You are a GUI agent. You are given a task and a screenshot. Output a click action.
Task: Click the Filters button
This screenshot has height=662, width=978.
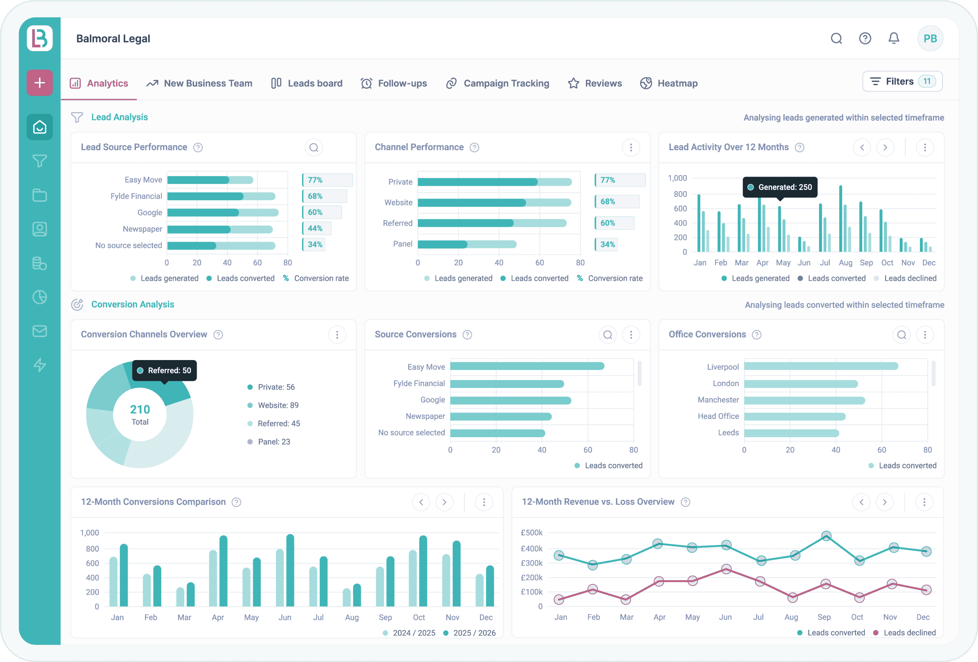tap(902, 81)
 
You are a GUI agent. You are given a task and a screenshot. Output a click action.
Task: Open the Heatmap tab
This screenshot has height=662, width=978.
tap(669, 83)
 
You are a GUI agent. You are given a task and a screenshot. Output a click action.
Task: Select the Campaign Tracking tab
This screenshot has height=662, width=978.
tap(498, 83)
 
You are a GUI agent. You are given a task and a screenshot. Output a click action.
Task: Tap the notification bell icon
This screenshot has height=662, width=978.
tap(894, 38)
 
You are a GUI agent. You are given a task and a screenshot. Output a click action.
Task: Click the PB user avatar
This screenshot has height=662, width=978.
tap(929, 38)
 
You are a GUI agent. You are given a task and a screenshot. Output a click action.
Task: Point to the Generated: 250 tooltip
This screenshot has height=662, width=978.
tap(780, 187)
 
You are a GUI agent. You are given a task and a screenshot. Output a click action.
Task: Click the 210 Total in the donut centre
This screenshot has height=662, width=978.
tap(140, 414)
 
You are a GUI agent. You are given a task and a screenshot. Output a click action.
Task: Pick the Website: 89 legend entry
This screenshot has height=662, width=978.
tap(278, 405)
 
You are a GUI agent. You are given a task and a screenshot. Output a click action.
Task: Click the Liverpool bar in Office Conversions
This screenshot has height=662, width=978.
tap(821, 367)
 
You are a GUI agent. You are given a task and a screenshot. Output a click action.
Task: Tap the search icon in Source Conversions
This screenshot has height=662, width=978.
tap(607, 335)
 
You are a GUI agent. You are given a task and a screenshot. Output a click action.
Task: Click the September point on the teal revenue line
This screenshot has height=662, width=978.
tap(826, 536)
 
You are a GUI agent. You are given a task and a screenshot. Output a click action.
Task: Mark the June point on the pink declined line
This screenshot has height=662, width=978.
tap(726, 570)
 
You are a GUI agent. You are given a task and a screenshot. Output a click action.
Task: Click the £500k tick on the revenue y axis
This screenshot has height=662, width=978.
tap(531, 533)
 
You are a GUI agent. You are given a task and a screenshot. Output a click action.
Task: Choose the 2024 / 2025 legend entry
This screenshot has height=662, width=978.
tap(409, 633)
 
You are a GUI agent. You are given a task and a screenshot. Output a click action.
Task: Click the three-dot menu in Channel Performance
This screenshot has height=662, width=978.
tap(630, 148)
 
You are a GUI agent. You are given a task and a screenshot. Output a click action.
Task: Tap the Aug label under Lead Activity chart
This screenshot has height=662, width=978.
tap(845, 263)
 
